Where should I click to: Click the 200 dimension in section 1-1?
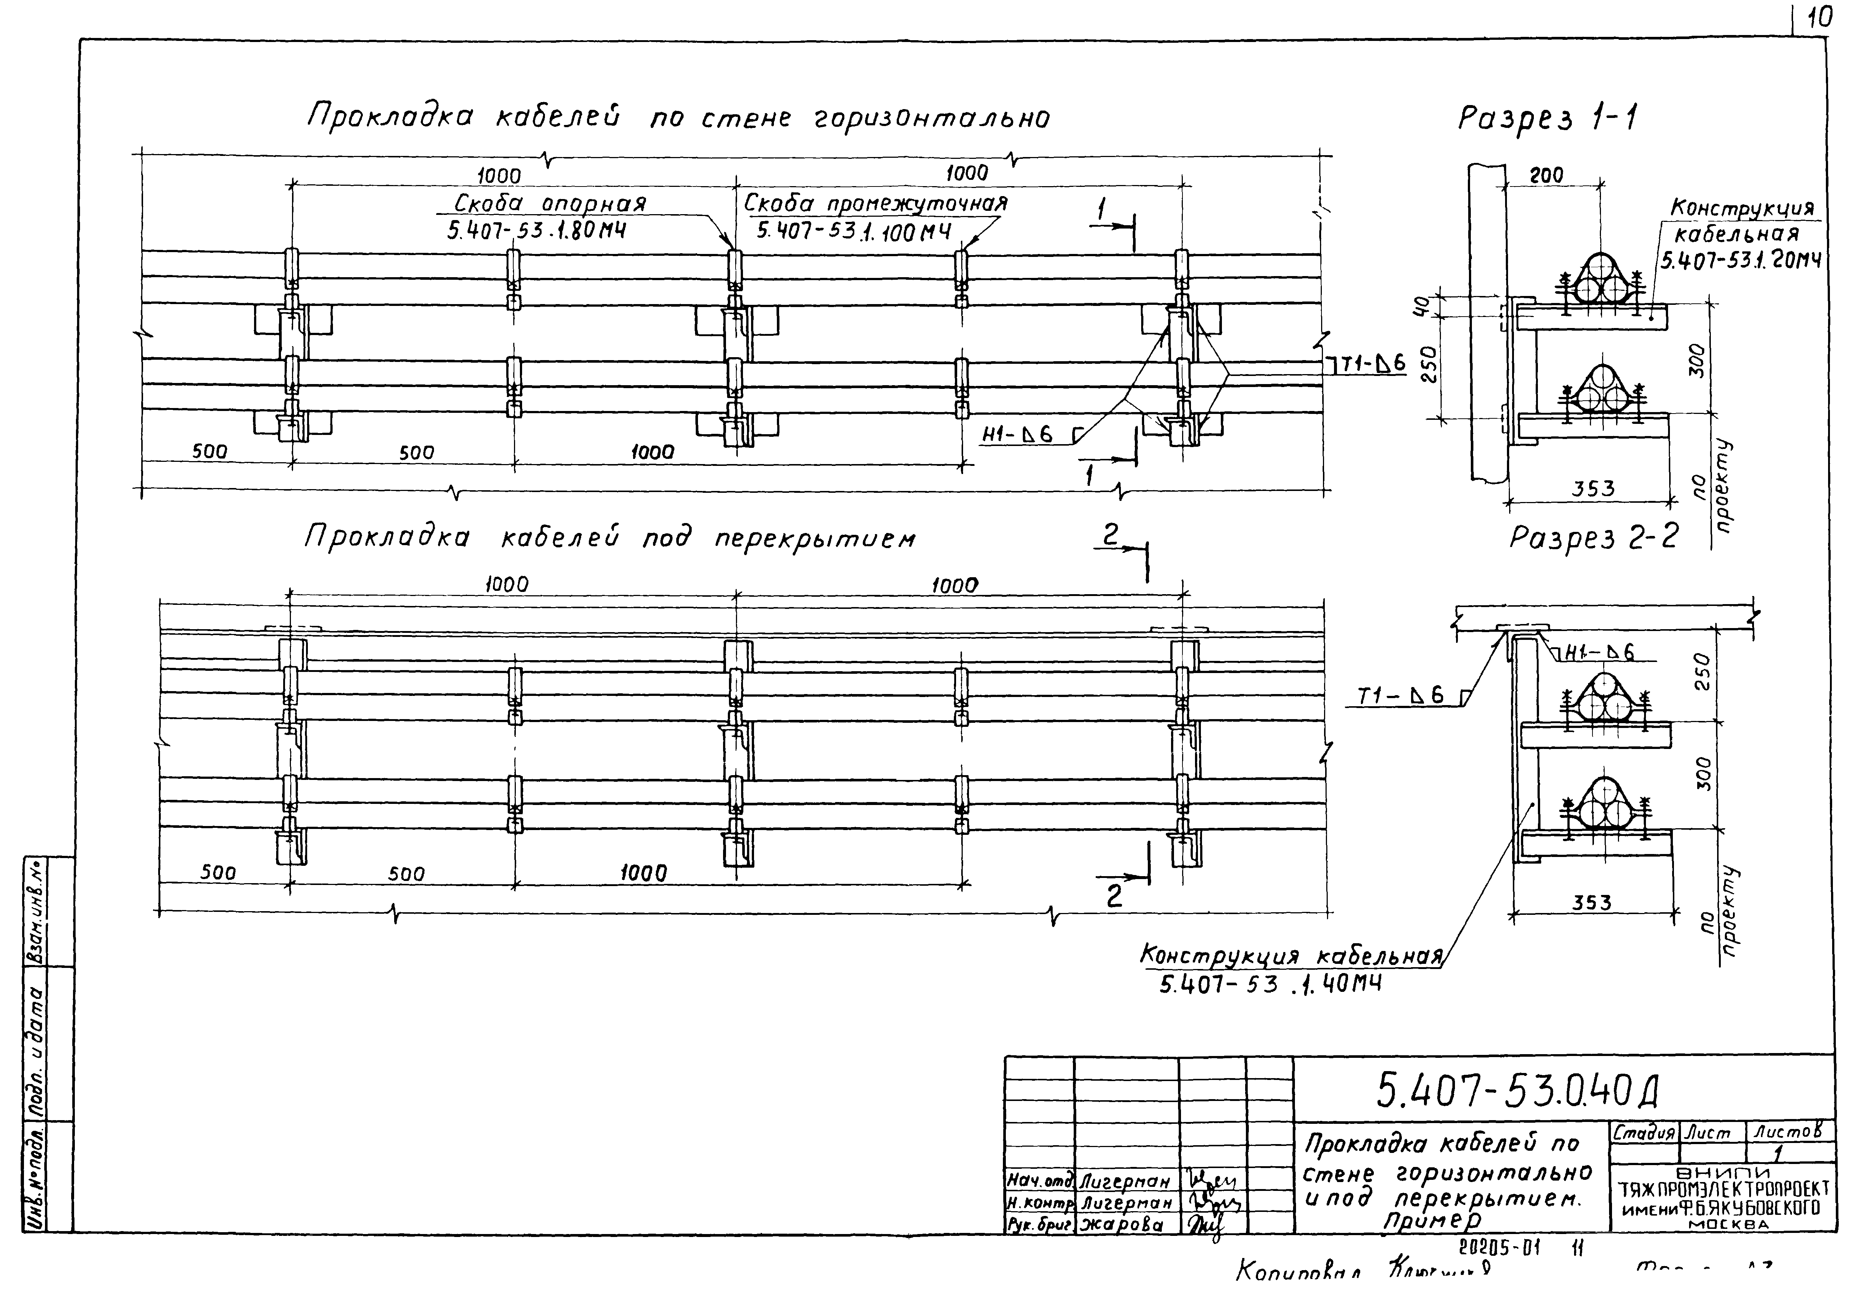(x=1546, y=174)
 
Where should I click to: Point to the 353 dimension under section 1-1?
(x=1592, y=489)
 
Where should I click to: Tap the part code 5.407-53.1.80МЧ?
(x=536, y=231)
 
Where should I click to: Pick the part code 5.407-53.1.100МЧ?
(x=853, y=232)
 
